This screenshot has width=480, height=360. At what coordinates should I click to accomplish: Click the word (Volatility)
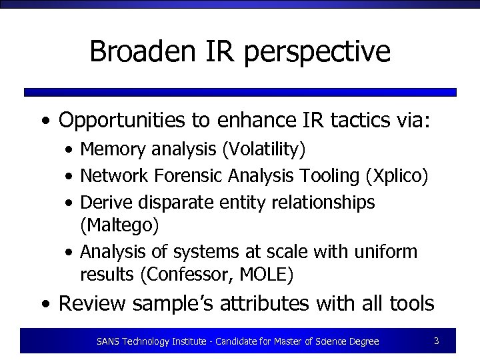click(x=265, y=150)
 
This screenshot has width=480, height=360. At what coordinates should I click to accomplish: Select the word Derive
click(x=102, y=201)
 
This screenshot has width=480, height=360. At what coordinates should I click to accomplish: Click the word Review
click(x=92, y=304)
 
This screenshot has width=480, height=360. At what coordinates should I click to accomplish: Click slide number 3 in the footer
click(x=436, y=341)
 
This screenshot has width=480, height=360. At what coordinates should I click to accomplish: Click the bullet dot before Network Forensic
click(x=69, y=177)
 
